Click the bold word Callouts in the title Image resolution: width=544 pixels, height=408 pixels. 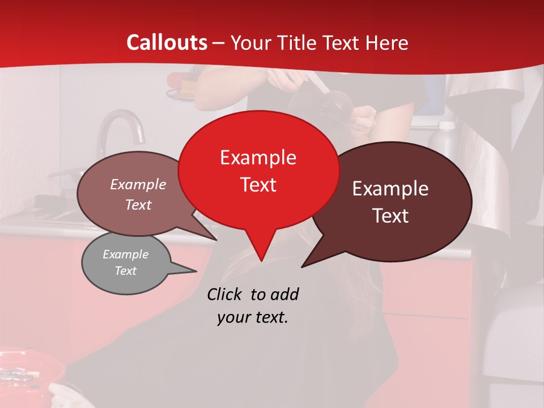click(167, 42)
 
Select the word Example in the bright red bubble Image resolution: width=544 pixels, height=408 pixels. click(258, 158)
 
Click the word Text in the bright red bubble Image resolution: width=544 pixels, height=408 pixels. click(258, 185)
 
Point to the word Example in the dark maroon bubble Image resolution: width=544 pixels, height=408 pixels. click(390, 189)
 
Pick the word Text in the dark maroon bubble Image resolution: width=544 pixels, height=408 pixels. click(390, 216)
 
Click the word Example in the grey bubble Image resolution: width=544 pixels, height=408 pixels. click(125, 254)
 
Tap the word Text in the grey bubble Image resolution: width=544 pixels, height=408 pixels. click(125, 271)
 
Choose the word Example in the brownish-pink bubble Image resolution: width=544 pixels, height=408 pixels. click(138, 185)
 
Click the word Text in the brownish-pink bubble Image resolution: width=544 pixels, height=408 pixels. click(138, 205)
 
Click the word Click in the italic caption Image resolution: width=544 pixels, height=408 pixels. click(226, 294)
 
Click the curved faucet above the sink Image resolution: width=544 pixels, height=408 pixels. click(120, 127)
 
